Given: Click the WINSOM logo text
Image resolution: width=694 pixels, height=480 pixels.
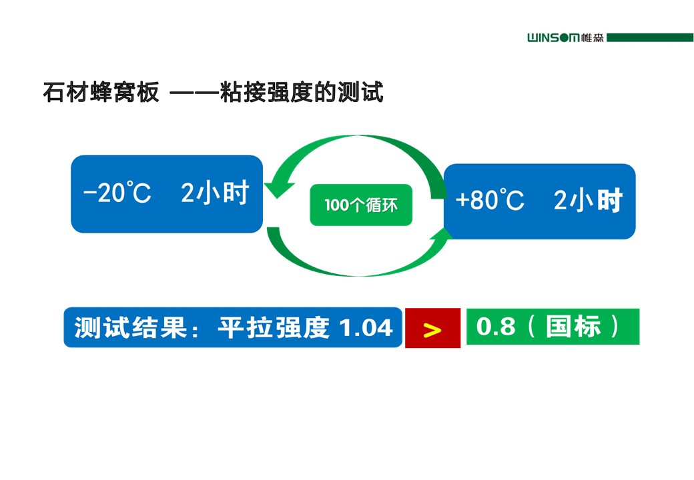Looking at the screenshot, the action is tap(553, 38).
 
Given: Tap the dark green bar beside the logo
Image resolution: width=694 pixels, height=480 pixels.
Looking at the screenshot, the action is tap(650, 37).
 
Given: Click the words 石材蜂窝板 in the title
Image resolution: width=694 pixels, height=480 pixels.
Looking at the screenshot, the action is tap(101, 93).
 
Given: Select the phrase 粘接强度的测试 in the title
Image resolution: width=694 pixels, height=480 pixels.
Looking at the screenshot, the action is tap(302, 93).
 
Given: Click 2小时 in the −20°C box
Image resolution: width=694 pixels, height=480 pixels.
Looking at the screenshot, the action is tap(215, 193).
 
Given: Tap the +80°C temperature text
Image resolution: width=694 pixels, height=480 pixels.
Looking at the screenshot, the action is tap(490, 199).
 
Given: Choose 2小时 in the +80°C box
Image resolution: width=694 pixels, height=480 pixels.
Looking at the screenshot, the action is tap(588, 200).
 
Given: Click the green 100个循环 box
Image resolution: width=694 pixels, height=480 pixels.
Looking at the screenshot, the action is tap(361, 205).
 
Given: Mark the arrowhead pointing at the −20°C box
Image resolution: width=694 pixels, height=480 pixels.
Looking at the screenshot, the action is tap(278, 188).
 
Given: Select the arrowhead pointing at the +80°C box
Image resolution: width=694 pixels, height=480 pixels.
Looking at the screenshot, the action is tap(442, 234).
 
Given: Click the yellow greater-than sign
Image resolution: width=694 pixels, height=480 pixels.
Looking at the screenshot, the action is tap(432, 330).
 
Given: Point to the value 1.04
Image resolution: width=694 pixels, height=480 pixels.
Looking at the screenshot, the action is tap(366, 327).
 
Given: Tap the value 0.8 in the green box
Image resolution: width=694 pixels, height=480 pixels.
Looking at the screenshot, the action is tap(496, 327).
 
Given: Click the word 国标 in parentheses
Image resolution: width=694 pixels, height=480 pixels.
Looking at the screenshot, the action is tap(573, 327).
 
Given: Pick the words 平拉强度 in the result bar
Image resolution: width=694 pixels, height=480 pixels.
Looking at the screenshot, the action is tap(274, 327).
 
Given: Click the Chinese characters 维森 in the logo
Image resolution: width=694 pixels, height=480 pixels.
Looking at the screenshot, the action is tap(592, 38).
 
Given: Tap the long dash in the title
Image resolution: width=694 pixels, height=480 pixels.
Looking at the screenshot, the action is tap(194, 93).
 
